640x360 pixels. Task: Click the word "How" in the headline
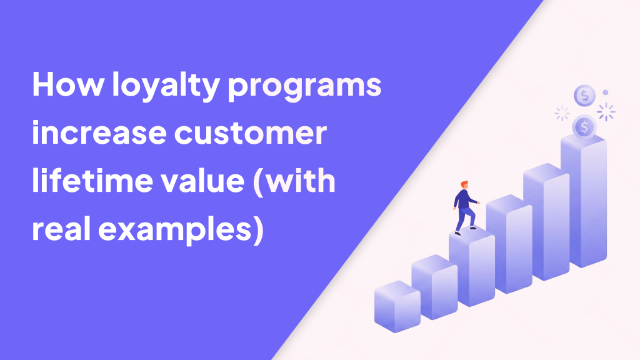(68, 84)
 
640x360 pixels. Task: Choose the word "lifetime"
(92, 180)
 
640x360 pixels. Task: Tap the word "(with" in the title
(294, 182)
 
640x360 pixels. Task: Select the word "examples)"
(181, 231)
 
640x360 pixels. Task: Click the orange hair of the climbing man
(464, 184)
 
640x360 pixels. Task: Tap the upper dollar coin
(584, 96)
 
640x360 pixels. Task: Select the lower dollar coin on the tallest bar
(584, 126)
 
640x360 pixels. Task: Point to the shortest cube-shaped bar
(397, 306)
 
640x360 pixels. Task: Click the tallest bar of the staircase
(584, 200)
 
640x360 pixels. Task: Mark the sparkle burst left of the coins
(562, 114)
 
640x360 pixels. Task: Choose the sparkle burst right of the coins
(606, 112)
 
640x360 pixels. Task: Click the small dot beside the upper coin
(605, 92)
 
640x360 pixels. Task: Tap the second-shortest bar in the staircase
(434, 287)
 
